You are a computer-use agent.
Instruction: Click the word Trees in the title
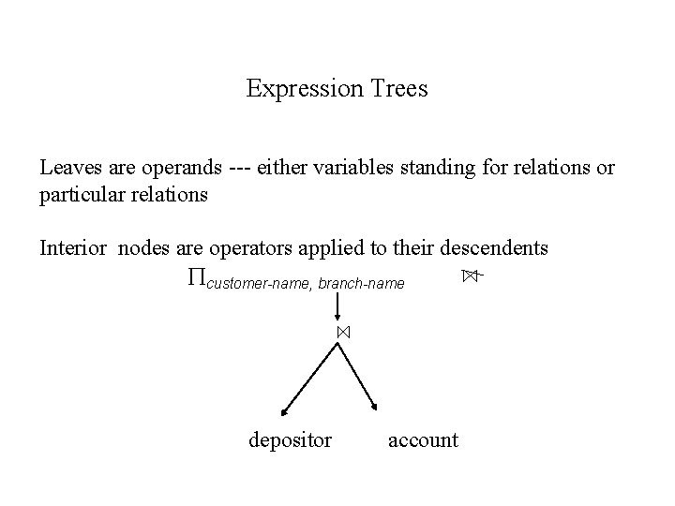pos(398,89)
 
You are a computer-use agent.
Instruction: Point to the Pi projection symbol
pos(194,276)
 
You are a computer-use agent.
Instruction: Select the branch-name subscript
pos(362,282)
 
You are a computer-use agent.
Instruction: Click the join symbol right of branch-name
pos(470,275)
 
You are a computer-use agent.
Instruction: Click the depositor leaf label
pos(290,439)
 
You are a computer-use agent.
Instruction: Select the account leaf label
pos(423,439)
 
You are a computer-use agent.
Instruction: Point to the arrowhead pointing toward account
pos(378,408)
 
